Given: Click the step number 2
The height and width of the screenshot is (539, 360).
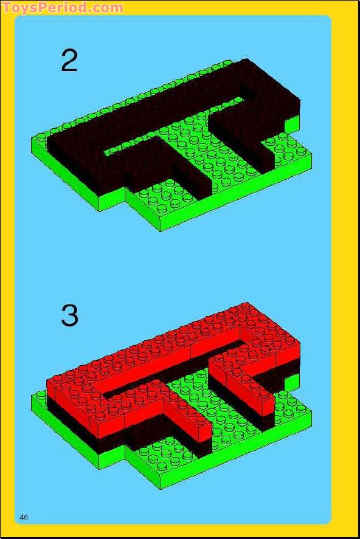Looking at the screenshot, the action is coord(69,61).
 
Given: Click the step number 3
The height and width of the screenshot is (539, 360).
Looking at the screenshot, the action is coord(69,315).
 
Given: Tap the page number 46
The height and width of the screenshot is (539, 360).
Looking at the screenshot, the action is coord(24,517).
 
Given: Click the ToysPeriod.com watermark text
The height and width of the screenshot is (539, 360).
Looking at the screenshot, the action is coord(63,7).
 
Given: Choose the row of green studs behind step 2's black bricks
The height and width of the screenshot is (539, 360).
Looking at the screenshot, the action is coord(137,96).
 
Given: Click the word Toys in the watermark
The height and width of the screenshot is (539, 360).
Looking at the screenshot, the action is coord(19,7).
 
